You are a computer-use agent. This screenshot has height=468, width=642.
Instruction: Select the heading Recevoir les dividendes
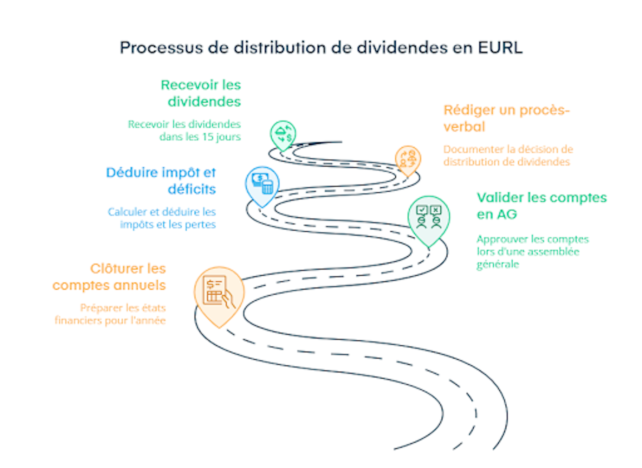[x=201, y=93]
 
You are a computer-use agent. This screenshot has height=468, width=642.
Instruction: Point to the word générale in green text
[x=498, y=264]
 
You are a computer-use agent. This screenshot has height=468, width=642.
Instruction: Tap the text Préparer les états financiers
[x=110, y=314]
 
